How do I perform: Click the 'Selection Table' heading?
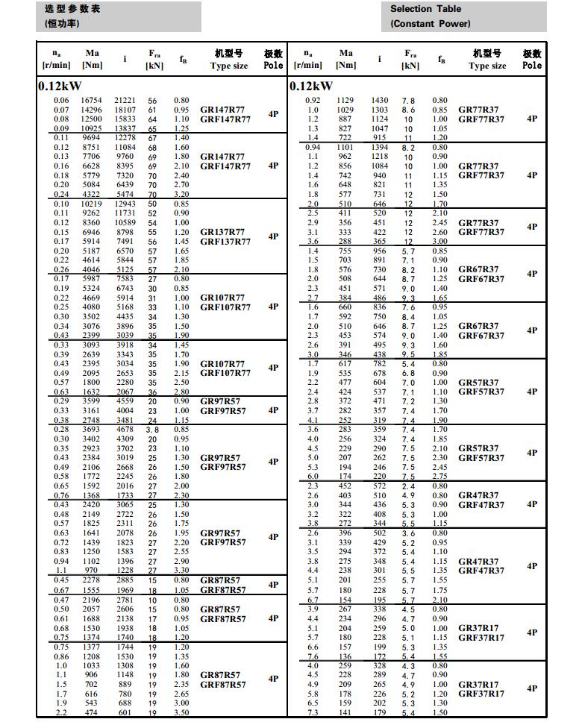425,9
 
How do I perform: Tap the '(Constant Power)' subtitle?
431,24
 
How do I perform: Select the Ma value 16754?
92,101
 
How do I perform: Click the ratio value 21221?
125,101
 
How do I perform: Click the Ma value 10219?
92,204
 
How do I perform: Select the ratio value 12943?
125,204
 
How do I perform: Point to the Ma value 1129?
345,101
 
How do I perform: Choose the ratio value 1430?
380,101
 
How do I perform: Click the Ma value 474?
92,713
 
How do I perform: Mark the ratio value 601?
125,713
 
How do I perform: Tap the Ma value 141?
345,713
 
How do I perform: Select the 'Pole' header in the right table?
532,66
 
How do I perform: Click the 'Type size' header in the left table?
229,66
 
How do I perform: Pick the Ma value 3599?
92,401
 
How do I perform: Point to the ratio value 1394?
380,148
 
